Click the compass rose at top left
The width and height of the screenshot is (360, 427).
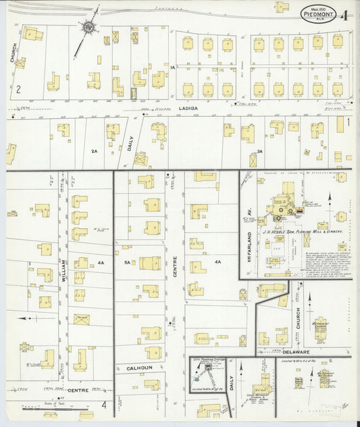[88, 28]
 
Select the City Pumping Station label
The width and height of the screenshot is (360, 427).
[208, 361]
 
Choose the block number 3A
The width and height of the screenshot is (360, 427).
[259, 151]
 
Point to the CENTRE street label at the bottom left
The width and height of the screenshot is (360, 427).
[77, 391]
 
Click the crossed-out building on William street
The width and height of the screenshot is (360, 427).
[81, 319]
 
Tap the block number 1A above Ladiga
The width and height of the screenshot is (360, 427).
[173, 68]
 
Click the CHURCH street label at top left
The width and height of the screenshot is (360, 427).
[13, 54]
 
